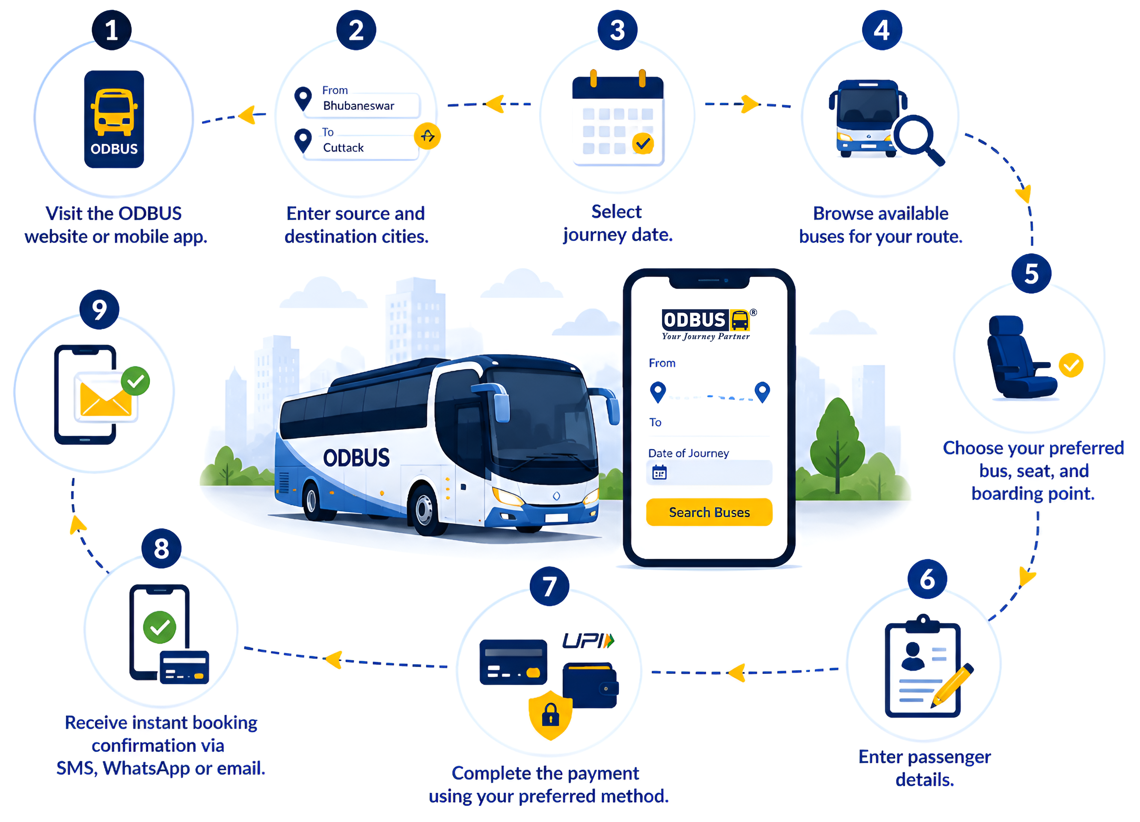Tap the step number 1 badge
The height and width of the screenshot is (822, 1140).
pyautogui.click(x=112, y=30)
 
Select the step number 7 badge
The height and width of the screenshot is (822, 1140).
pyautogui.click(x=549, y=586)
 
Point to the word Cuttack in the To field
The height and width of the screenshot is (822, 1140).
pyautogui.click(x=343, y=147)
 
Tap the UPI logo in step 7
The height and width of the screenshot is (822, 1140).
pyautogui.click(x=588, y=640)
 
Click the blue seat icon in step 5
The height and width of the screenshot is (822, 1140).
pyautogui.click(x=1020, y=357)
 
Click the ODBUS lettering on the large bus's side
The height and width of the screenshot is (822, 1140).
pyautogui.click(x=356, y=458)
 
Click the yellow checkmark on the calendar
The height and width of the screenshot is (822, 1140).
pyautogui.click(x=643, y=144)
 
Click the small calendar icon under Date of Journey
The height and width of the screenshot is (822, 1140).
pyautogui.click(x=659, y=472)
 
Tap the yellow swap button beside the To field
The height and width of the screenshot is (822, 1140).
pyautogui.click(x=427, y=136)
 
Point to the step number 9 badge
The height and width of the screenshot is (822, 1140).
pyautogui.click(x=99, y=310)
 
